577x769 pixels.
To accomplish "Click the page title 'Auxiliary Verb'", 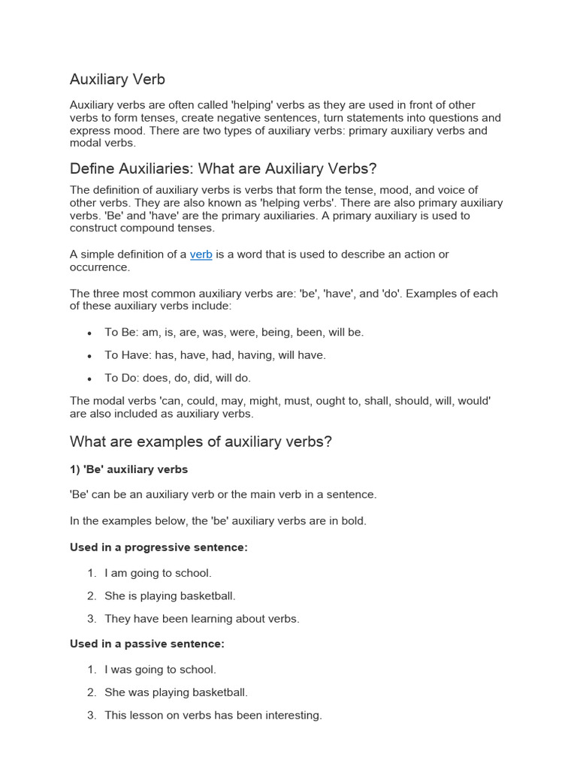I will coord(117,79).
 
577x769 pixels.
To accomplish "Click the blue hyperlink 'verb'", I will coord(201,255).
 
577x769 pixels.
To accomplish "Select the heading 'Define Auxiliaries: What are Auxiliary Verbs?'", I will coord(223,167).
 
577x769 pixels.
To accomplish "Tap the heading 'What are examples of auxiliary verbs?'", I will coord(201,442).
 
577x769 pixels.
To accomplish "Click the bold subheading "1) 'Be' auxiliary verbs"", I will coord(128,469).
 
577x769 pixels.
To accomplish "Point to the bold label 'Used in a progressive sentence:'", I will coord(159,547).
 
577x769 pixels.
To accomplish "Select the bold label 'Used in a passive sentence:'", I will coord(147,644).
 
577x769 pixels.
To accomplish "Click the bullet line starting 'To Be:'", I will coord(234,332).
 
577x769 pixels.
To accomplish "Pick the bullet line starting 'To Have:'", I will coord(215,355).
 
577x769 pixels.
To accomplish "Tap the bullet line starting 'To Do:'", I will coord(177,378).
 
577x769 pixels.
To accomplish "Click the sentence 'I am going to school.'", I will coord(158,573).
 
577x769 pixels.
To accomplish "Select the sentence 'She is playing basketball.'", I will coord(170,596).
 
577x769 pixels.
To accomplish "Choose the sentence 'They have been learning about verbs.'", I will coord(201,619).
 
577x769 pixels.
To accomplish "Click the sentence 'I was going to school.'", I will coord(160,669).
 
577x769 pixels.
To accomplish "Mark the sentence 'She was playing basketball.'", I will coord(176,692).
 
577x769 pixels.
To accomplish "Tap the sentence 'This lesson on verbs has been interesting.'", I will coord(213,716).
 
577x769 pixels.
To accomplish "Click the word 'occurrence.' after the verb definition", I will coord(100,267).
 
